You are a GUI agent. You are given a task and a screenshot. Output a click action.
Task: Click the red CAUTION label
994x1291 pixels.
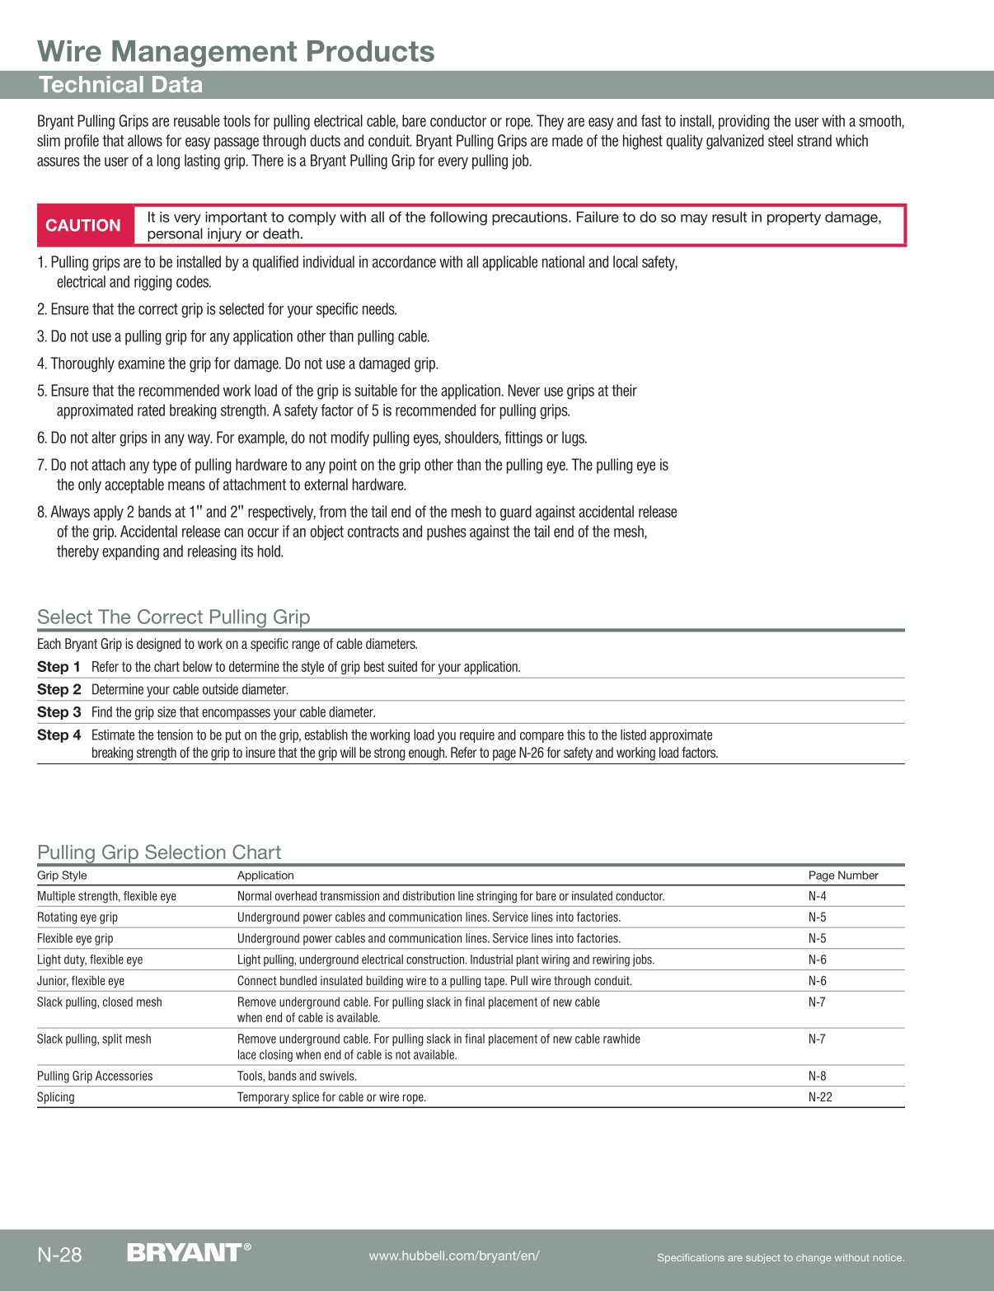pos(83,225)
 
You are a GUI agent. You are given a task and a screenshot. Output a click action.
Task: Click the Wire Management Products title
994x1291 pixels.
pos(236,51)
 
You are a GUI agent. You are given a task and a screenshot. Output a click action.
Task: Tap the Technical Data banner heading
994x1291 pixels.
pos(120,85)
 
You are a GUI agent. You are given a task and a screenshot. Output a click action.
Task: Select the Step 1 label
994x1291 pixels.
pos(59,667)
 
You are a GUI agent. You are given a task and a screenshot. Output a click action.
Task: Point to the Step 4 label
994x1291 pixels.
pos(59,735)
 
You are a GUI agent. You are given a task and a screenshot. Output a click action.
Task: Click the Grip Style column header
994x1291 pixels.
pos(62,876)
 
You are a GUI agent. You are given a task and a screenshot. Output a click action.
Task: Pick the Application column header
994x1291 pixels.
pos(265,876)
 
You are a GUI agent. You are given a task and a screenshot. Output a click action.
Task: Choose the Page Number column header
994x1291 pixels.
pos(843,876)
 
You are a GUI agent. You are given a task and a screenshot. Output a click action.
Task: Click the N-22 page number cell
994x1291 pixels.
pos(820,1097)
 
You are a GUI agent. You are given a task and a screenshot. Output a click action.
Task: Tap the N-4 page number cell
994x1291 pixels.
pos(817,896)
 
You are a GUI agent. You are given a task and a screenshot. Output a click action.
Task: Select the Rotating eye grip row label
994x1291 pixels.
pos(77,918)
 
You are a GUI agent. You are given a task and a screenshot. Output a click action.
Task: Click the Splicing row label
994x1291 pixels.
pos(55,1097)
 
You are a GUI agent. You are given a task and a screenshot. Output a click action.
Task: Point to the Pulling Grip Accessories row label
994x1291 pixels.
pos(95,1076)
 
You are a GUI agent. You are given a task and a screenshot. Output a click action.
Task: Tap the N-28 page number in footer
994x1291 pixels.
pos(59,1255)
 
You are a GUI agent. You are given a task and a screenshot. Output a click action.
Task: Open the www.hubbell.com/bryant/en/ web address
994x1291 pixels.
pos(454,1256)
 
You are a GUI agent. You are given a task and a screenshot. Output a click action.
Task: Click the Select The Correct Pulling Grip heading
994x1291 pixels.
pos(174,617)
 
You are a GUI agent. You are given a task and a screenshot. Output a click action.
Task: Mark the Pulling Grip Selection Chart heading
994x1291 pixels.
pos(159,852)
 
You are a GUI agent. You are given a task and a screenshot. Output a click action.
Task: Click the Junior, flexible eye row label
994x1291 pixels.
pos(81,981)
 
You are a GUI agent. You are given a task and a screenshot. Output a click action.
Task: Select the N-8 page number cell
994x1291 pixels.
pos(817,1076)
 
